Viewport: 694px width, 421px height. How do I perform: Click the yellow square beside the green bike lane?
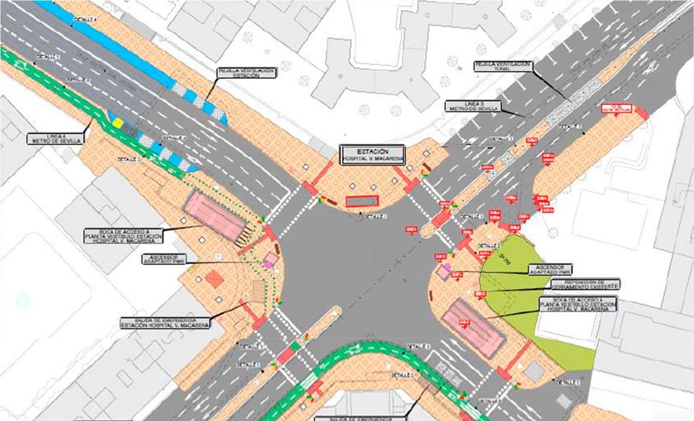click(118, 124)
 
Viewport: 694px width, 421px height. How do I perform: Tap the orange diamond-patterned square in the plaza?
click(215, 279)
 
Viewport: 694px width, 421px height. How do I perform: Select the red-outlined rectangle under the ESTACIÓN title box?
click(362, 201)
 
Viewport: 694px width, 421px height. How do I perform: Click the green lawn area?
click(518, 294)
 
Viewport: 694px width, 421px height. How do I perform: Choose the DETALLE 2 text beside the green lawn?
click(489, 246)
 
